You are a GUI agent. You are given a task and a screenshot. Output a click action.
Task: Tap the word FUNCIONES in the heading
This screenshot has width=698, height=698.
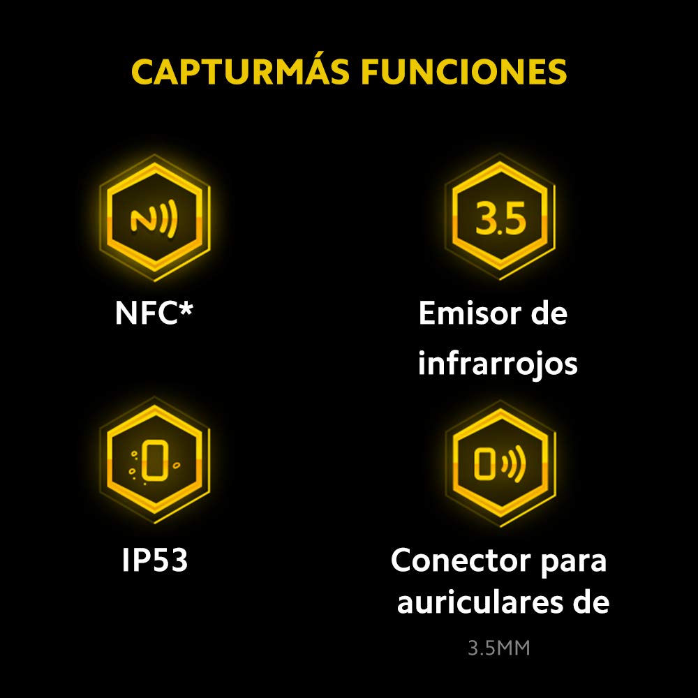tap(464, 71)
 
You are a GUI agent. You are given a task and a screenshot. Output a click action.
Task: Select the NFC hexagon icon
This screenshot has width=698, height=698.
tap(154, 218)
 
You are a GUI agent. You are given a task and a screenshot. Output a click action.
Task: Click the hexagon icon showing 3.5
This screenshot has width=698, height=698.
tap(500, 217)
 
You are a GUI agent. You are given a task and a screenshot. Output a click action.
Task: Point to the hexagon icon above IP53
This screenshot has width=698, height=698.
tap(154, 460)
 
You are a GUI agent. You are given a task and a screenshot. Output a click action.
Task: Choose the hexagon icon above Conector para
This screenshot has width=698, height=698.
tap(500, 463)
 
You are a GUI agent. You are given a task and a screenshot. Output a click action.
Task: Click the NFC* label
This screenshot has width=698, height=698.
tap(154, 313)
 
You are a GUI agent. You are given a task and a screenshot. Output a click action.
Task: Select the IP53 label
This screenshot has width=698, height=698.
tap(154, 559)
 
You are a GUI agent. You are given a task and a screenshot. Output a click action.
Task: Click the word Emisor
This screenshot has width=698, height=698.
tap(470, 313)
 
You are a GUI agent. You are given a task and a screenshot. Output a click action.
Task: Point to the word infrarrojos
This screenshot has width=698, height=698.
tap(498, 364)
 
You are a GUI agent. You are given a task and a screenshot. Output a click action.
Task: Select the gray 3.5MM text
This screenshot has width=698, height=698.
tap(499, 648)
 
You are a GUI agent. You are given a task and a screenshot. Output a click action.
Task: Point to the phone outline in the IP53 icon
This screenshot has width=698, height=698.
tap(155, 460)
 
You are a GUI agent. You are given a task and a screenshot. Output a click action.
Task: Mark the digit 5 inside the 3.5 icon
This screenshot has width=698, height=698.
tap(514, 218)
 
